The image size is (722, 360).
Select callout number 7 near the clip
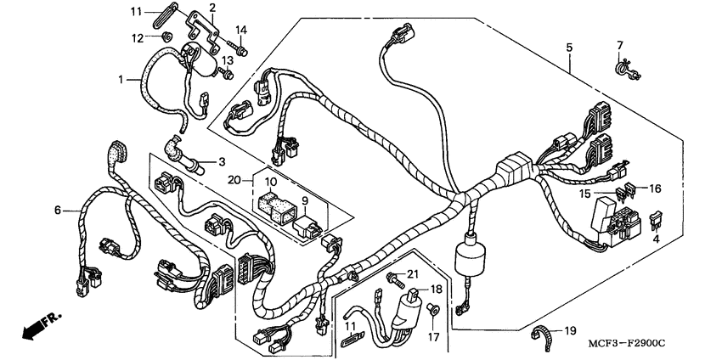coord(620,44)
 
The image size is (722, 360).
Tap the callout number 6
coord(58,210)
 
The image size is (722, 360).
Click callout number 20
coord(234,180)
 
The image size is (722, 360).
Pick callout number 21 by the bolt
coord(414,273)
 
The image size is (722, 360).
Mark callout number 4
coord(655,239)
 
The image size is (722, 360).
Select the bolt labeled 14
coord(244,51)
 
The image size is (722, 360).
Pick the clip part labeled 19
coord(540,334)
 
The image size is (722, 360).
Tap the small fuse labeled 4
coord(656,222)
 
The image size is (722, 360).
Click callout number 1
coord(121,79)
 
